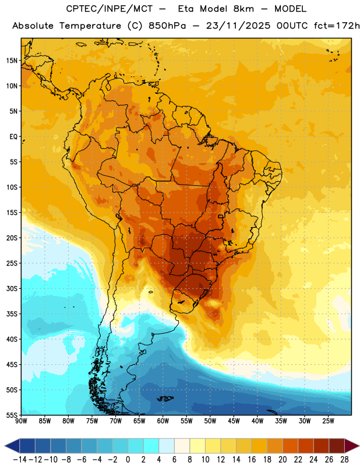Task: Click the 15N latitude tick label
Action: [x=12, y=61]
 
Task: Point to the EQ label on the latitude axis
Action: [x=13, y=137]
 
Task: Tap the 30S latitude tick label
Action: [x=12, y=288]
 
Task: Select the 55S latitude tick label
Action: [x=12, y=415]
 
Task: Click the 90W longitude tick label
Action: [x=21, y=421]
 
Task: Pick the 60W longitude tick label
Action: [x=163, y=421]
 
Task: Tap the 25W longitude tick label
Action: [x=328, y=421]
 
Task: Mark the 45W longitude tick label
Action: [x=234, y=421]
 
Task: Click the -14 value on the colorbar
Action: [x=20, y=460]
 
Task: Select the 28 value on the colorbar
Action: [x=344, y=460]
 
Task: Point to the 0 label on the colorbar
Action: [x=128, y=460]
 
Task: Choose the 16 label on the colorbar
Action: [x=252, y=460]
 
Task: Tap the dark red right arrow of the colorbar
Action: [x=351, y=446]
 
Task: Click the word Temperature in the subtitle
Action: [x=90, y=26]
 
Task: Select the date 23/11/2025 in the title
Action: [x=238, y=26]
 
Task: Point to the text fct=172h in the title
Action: [x=337, y=26]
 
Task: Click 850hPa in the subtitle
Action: [x=167, y=26]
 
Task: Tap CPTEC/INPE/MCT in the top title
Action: [x=110, y=9]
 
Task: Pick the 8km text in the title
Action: [x=243, y=9]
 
